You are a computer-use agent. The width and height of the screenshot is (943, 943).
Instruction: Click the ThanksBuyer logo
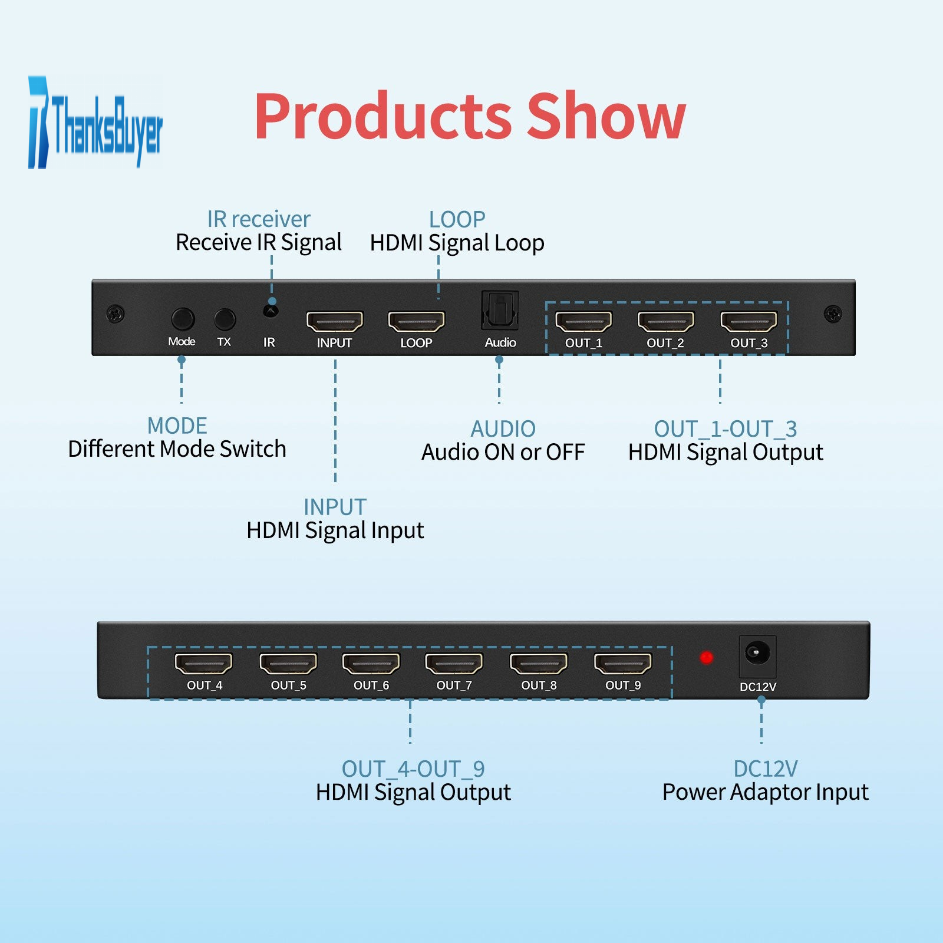95,123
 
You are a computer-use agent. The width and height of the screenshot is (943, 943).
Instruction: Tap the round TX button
225,319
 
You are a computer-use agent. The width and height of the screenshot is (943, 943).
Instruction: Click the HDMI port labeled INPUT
335,322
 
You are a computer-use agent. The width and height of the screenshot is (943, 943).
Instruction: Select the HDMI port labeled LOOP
416,322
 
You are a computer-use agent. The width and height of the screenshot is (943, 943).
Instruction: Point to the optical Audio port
500,310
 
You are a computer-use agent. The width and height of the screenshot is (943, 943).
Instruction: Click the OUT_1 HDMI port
583,322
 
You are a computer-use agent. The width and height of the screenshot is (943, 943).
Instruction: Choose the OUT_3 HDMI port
749,322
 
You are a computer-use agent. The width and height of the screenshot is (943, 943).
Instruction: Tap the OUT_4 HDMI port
204,664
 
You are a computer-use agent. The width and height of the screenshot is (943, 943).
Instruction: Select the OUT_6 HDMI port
371,664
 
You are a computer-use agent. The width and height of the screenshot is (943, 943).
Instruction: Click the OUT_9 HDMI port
623,664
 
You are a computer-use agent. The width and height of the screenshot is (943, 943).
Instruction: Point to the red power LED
706,657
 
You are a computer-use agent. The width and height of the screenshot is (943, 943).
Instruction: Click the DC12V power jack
757,653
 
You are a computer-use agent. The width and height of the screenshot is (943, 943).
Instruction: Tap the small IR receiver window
271,310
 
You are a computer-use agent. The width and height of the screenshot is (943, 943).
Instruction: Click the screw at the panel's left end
116,314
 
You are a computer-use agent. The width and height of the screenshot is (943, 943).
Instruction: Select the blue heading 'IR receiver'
258,219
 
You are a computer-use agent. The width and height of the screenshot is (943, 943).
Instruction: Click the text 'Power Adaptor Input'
765,792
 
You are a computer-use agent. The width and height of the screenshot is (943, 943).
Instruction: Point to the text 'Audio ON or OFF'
503,452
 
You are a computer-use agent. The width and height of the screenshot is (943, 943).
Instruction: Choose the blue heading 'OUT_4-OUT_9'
413,769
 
